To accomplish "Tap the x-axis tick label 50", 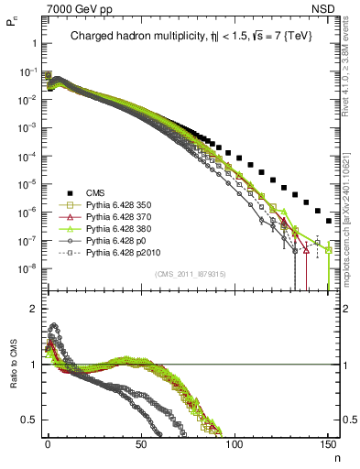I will click(x=141, y=444).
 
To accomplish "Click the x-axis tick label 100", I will click(x=235, y=444).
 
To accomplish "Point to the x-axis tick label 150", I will click(x=328, y=444).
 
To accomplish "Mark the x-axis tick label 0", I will click(x=48, y=444).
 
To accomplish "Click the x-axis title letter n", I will click(x=335, y=457).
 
